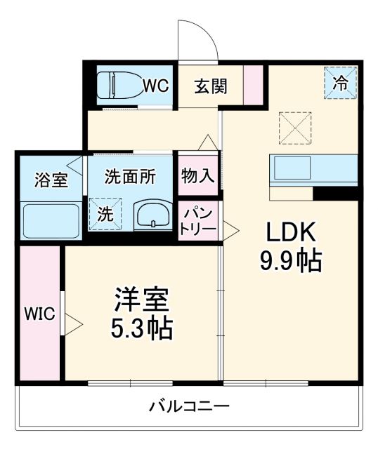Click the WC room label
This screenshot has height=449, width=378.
pos(156,86)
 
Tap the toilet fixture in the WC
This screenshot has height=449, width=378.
pos(117,86)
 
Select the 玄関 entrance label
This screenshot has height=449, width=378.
pos(210,86)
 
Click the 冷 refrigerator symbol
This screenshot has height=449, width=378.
pos(341,83)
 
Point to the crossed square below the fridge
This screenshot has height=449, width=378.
pos(295,127)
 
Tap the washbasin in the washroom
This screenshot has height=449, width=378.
pos(153,215)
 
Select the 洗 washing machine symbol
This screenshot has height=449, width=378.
pos(105,215)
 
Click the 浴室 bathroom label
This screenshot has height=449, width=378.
pos(51,179)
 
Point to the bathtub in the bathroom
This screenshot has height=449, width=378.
pos(51,220)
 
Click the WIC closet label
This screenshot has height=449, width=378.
pos(39,314)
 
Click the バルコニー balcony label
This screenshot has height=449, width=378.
pos(189,407)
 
